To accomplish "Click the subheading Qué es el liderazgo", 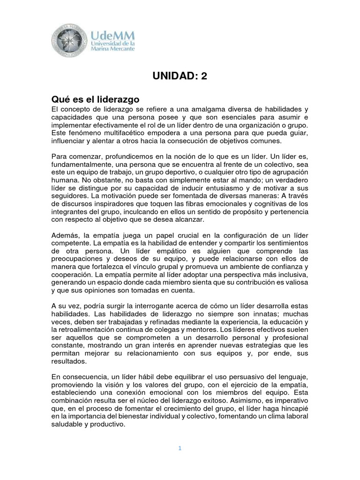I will (x=95, y=99).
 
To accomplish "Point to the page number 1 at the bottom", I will (x=180, y=448).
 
